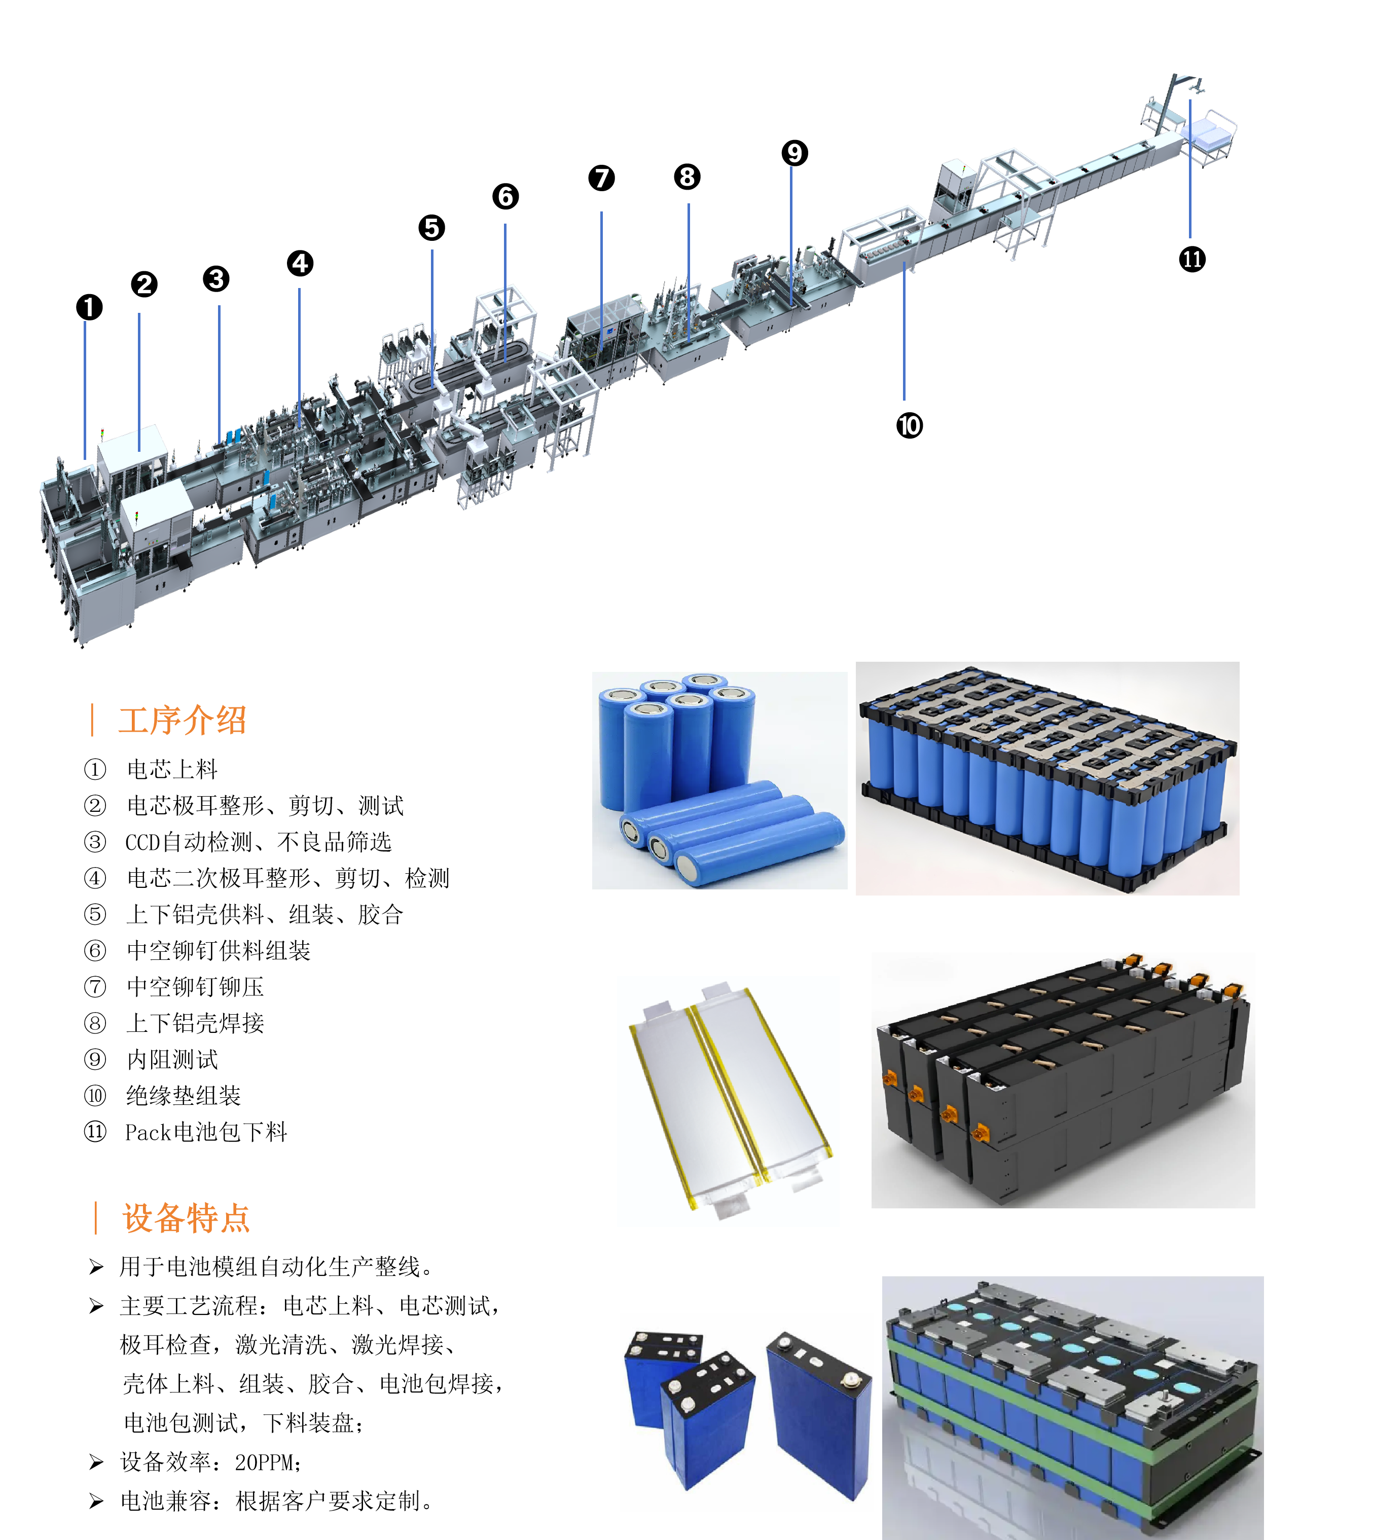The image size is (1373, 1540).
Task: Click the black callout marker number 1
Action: (89, 307)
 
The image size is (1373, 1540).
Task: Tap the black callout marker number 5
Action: (431, 227)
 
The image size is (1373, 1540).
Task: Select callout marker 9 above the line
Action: (794, 153)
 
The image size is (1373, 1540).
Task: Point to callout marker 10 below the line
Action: (909, 425)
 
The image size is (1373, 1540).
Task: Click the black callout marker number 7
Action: (601, 178)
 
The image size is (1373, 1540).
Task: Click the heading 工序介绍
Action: (183, 720)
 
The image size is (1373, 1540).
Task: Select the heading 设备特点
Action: (187, 1218)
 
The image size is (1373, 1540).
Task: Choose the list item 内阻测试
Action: (172, 1059)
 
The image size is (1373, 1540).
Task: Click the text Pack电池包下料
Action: (206, 1132)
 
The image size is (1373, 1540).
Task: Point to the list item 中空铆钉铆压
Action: (195, 987)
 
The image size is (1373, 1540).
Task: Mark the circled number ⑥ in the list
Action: (95, 951)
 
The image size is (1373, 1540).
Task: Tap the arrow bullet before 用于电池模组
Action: (96, 1267)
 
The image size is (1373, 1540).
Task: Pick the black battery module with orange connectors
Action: (1063, 1080)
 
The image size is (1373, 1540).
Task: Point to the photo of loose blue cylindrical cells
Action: (719, 780)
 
